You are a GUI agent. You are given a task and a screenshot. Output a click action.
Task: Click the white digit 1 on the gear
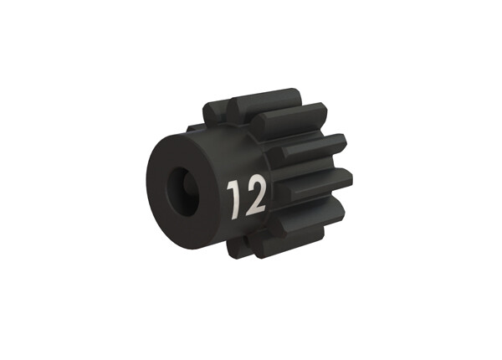(x=233, y=197)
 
